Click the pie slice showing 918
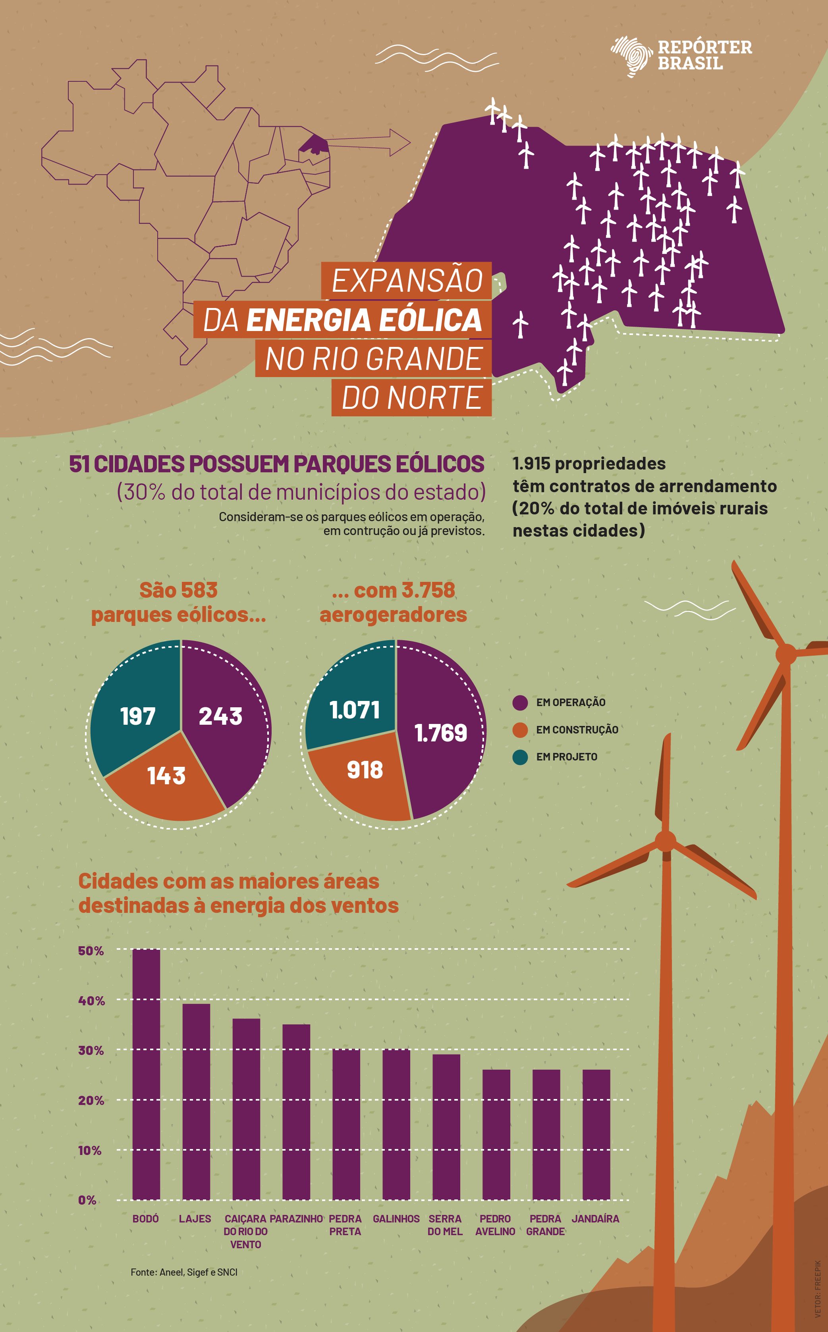click(x=364, y=772)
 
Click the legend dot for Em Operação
click(x=520, y=703)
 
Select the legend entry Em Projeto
click(x=566, y=757)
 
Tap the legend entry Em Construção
click(x=577, y=730)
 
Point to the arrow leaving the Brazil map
click(x=383, y=142)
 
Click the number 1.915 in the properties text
click(x=531, y=464)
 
